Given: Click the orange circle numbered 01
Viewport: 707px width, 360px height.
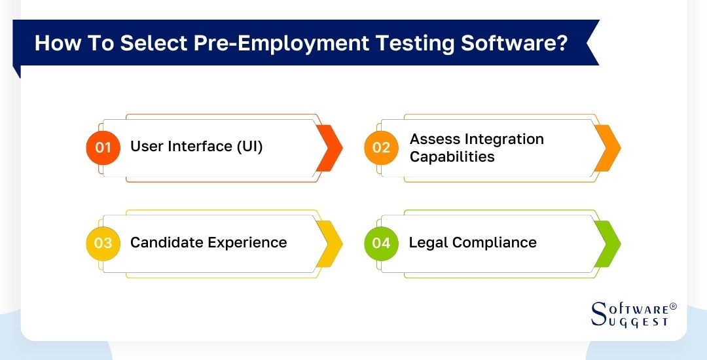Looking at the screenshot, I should pyautogui.click(x=103, y=147).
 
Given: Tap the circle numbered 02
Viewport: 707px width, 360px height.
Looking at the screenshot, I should pyautogui.click(x=381, y=147).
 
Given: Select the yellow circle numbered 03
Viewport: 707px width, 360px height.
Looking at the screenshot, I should pyautogui.click(x=103, y=243).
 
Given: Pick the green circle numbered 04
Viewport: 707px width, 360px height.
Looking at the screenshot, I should pyautogui.click(x=381, y=243).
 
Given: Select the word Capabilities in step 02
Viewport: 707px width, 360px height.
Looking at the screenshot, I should pyautogui.click(x=452, y=157).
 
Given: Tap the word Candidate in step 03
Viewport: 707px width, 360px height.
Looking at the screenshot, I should pyautogui.click(x=166, y=243).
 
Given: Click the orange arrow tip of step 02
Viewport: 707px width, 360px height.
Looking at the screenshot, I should pyautogui.click(x=609, y=147).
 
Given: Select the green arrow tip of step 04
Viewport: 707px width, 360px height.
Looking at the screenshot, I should pyautogui.click(x=609, y=243).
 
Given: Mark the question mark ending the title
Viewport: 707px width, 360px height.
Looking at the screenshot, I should pyautogui.click(x=564, y=43).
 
